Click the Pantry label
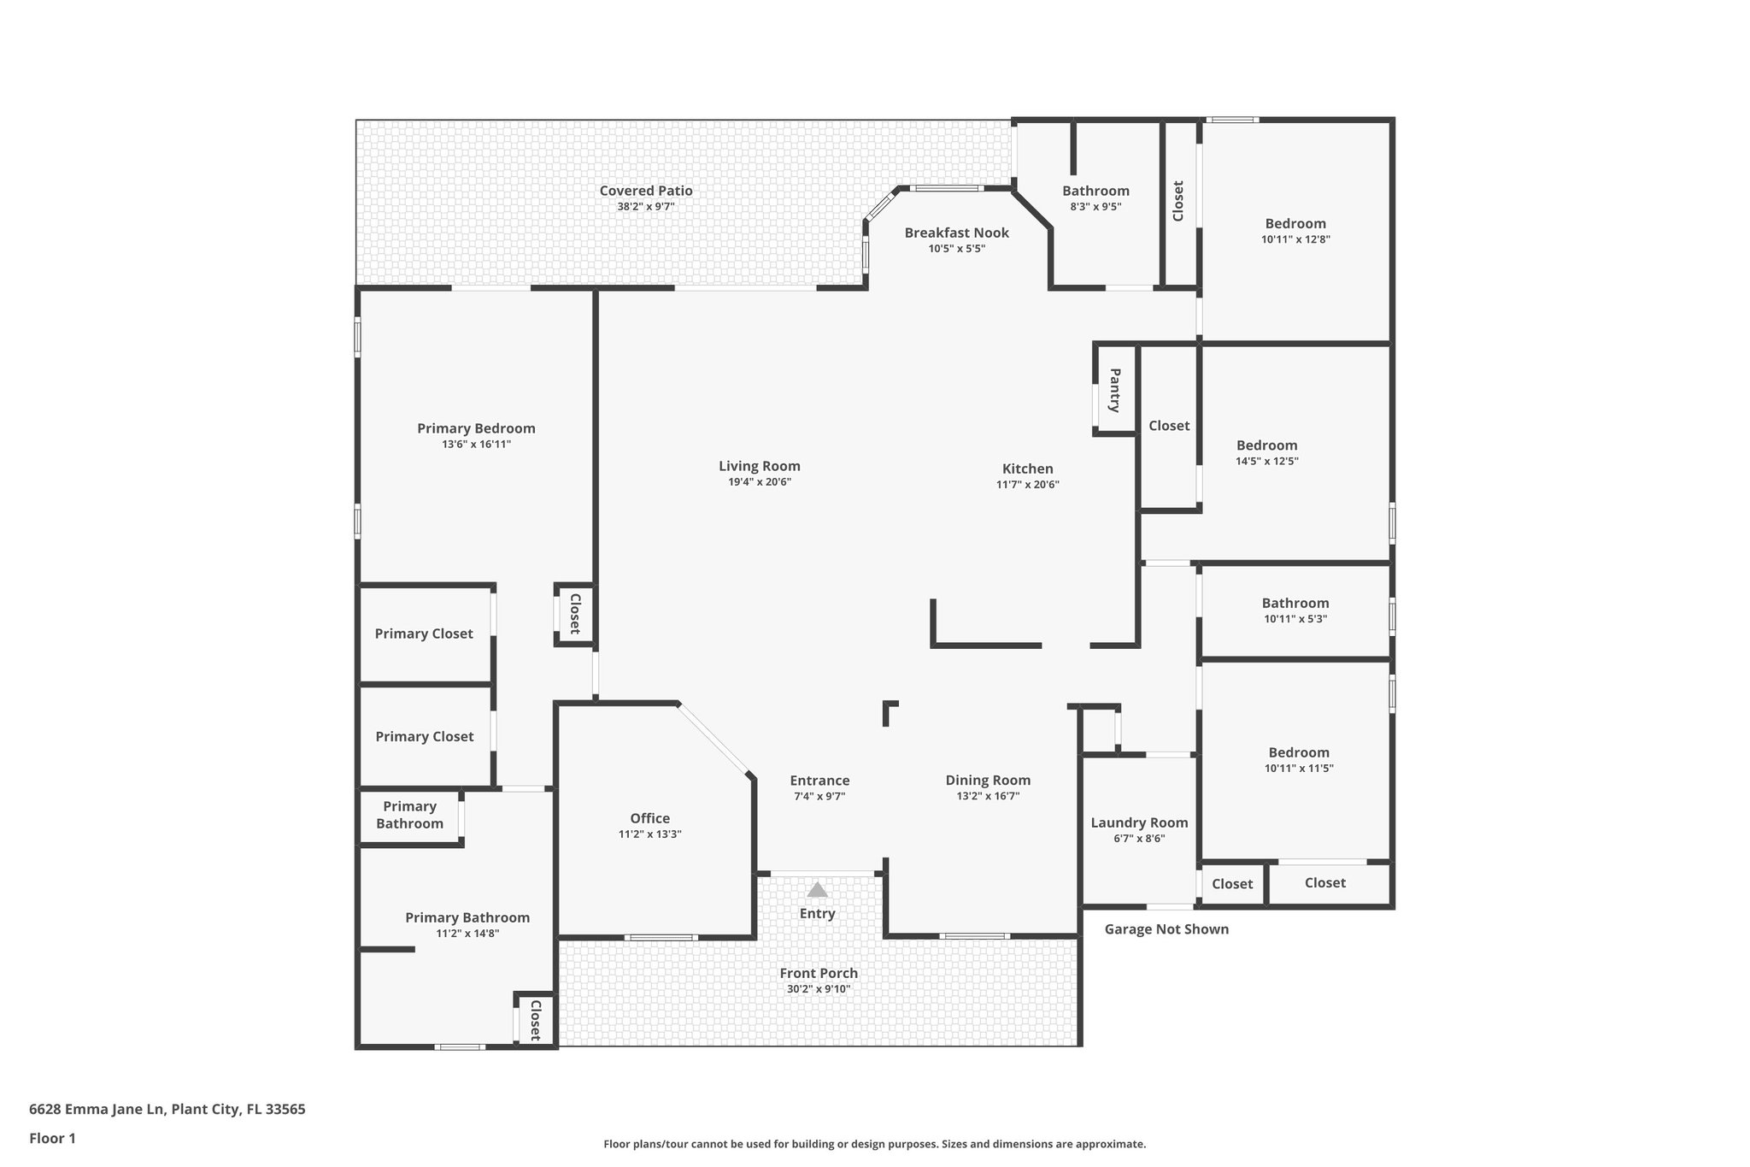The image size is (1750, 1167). click(1115, 390)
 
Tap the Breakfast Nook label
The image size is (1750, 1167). click(956, 233)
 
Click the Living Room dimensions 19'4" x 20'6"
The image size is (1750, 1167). click(759, 482)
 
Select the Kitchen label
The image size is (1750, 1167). click(1027, 469)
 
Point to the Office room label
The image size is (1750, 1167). click(649, 818)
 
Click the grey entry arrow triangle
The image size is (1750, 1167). click(817, 890)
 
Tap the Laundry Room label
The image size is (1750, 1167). click(1139, 822)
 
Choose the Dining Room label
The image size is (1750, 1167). click(988, 780)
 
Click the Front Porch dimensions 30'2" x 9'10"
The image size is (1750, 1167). click(818, 989)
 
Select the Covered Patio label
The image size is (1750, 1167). click(645, 191)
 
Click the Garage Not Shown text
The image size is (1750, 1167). click(1166, 929)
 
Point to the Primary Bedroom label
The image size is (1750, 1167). click(476, 428)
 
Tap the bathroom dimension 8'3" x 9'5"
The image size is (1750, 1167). click(1095, 207)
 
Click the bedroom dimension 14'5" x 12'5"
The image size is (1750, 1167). click(1266, 461)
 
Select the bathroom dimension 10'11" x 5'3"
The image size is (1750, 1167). click(1295, 619)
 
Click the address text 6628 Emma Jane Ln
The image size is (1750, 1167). click(96, 1110)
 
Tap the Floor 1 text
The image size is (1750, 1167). click(52, 1138)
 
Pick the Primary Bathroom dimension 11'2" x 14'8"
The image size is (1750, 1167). click(467, 934)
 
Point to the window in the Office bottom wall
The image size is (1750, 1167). click(660, 938)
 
